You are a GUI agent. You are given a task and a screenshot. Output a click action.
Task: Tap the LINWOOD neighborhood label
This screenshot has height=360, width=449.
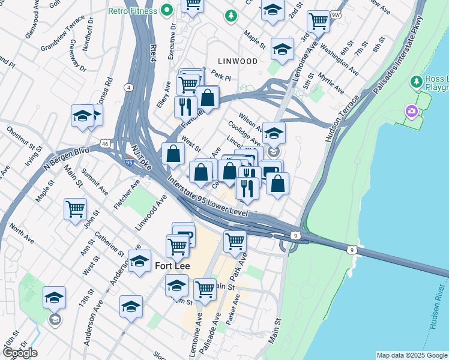point(238,61)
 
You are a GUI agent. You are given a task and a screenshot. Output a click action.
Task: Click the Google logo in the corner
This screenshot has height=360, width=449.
point(20,352)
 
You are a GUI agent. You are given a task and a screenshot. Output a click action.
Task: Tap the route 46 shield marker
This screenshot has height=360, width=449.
point(105,144)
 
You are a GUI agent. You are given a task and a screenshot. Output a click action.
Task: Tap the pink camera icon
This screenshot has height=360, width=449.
point(411,111)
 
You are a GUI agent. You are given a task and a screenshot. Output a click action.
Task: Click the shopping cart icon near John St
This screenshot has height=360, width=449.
point(75,209)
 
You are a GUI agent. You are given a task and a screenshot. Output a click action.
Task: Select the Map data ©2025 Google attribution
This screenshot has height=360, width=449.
point(412,355)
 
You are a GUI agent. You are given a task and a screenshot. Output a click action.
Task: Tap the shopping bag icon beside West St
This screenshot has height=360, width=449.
point(173,153)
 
